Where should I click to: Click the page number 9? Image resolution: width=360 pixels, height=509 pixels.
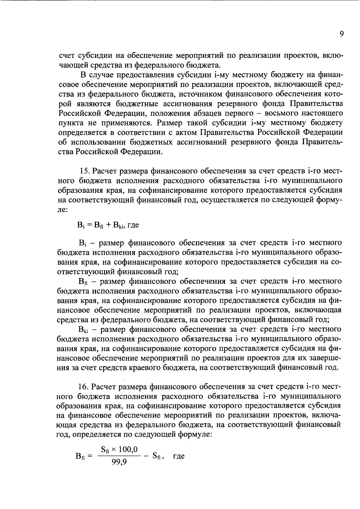[x=341, y=34]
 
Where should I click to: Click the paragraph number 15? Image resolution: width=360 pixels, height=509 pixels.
[x=84, y=171]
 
